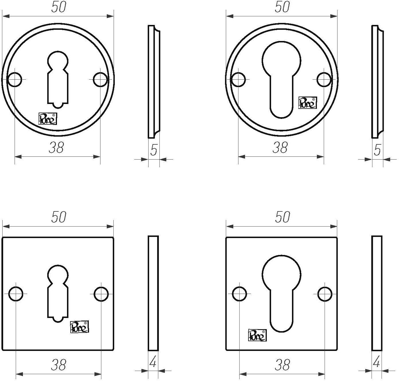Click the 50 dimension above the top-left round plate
(x=59, y=8)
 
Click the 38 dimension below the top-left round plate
(x=56, y=148)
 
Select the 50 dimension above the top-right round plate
(x=282, y=8)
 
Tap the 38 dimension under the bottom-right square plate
(x=282, y=365)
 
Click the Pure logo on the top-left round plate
(x=48, y=119)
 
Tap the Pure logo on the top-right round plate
(x=307, y=103)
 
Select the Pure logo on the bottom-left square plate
(x=80, y=327)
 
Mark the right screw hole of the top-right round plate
(x=324, y=79)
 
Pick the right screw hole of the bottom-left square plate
(x=101, y=294)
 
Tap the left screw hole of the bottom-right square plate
(x=240, y=294)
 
